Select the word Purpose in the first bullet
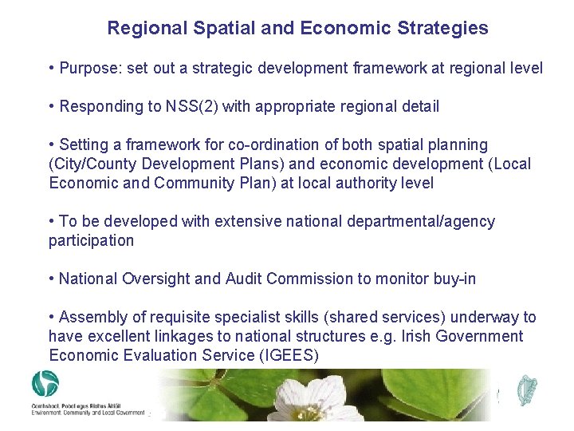click(91, 68)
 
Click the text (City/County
click(90, 164)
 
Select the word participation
click(91, 240)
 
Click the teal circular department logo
click(45, 383)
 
